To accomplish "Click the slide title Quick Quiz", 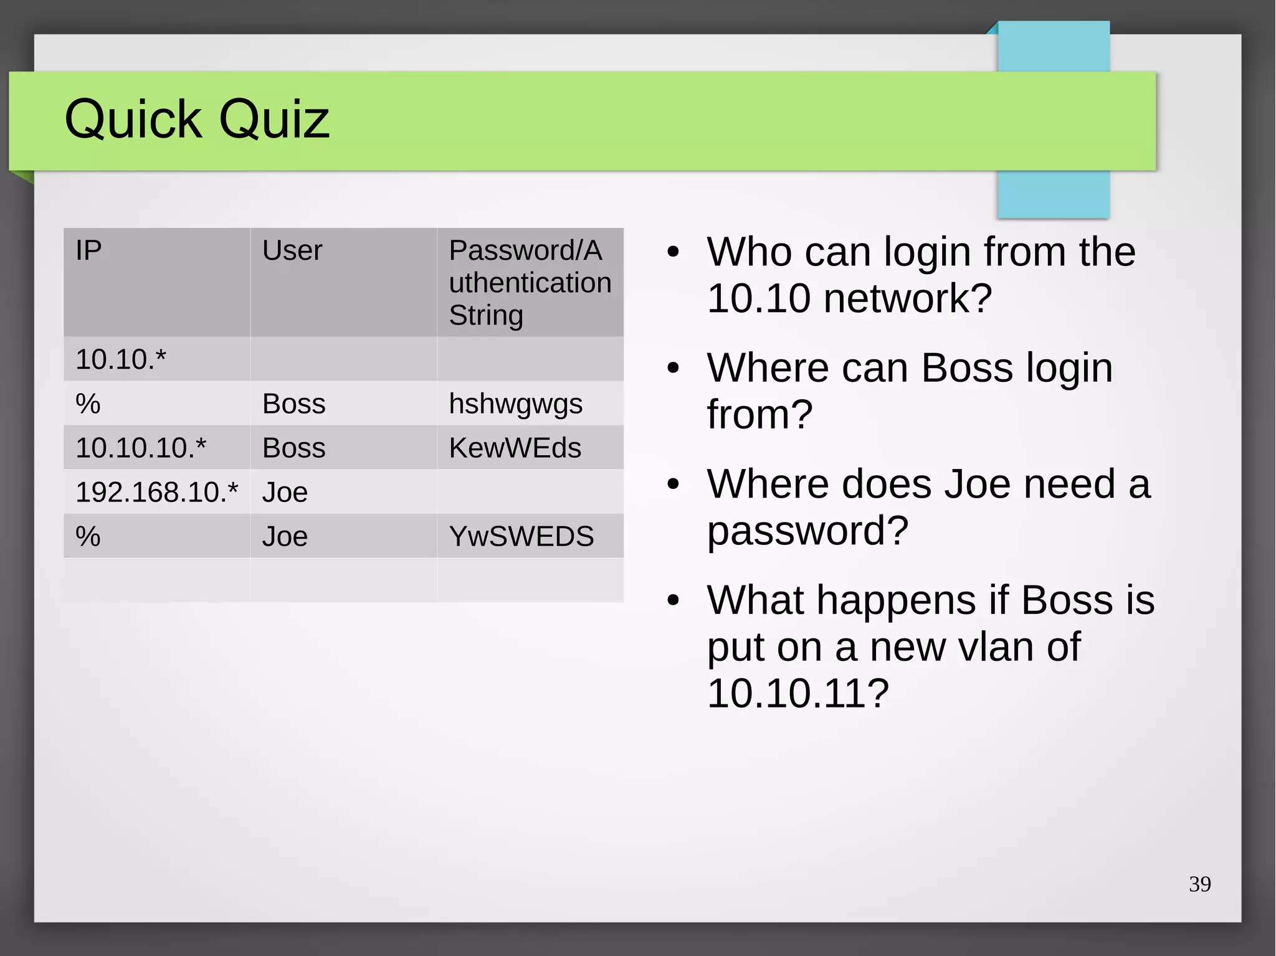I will coord(197,119).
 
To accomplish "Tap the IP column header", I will coord(88,250).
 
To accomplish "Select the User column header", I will coord(292,250).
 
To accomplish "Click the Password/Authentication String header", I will coord(530,283).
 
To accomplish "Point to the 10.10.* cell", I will coord(121,359).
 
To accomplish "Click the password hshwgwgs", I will coord(515,404).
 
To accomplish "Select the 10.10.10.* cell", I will coord(141,448).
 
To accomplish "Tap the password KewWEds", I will coord(515,448).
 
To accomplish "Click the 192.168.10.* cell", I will coord(156,492).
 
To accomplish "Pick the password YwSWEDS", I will coord(521,536).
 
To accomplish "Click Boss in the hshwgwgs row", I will coord(293,404).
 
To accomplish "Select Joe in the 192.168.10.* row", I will coord(285,492).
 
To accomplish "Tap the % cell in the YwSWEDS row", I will coord(88,536).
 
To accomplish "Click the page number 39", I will coord(1199,884).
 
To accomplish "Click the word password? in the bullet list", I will coord(807,531).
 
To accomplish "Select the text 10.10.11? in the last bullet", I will coord(797,693).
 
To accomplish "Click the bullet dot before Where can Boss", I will coord(673,368).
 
